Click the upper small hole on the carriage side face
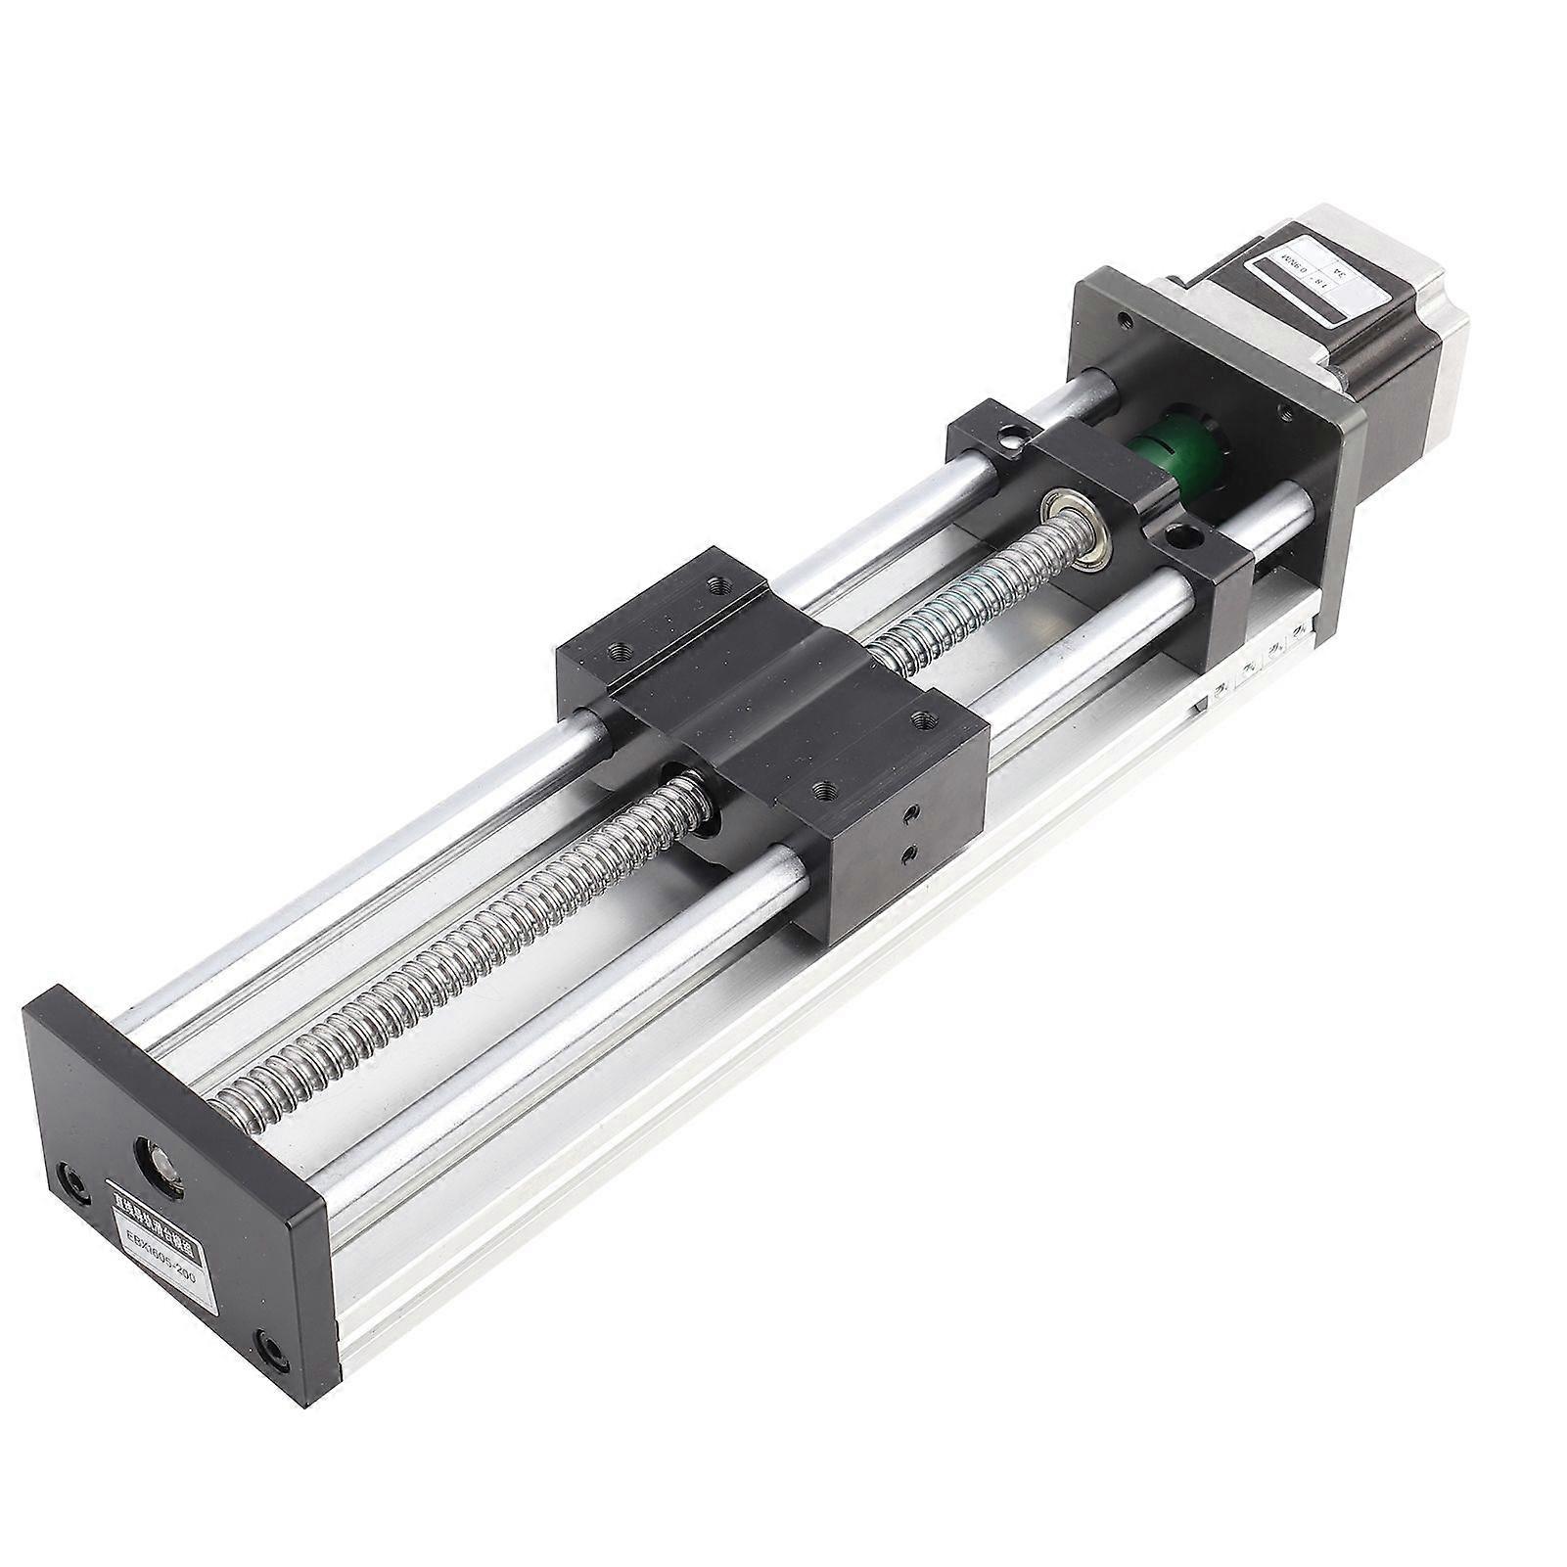[x=912, y=811]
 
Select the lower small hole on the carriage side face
[x=909, y=855]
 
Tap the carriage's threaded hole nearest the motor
[x=722, y=586]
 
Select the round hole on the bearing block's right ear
[x=1188, y=535]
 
